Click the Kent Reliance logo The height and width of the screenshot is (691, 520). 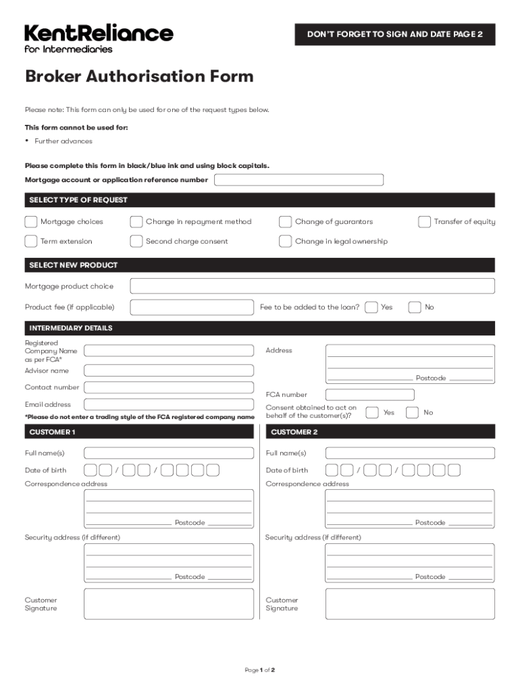point(99,38)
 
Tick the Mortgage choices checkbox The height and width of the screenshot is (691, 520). point(31,222)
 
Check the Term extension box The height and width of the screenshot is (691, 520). point(31,242)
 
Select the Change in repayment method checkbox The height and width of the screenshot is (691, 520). point(136,222)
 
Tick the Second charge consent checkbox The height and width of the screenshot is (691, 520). point(136,242)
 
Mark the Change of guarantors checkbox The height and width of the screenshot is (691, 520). point(286,222)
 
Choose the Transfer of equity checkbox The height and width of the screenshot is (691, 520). point(425,222)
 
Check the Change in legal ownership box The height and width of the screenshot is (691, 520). point(286,242)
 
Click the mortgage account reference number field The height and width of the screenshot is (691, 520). point(298,180)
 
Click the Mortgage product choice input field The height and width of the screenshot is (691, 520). point(312,287)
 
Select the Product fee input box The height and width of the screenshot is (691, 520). point(192,308)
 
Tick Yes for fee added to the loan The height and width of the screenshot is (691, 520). point(371,308)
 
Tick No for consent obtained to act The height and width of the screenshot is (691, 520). point(412,412)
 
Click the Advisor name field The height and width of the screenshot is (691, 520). point(169,370)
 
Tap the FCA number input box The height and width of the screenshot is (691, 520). point(370,395)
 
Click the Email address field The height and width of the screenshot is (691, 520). point(169,405)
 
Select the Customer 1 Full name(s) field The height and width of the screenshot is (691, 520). point(169,453)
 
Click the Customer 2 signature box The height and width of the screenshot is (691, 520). point(410,604)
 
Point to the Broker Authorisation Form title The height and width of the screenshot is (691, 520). point(139,76)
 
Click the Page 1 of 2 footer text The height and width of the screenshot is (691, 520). point(260,670)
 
